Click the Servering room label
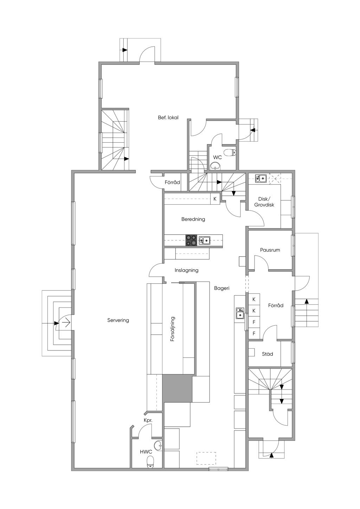(118, 320)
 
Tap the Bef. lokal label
(168, 117)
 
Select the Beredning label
(193, 219)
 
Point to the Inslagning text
(186, 270)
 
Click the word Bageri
(221, 288)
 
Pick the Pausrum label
(270, 250)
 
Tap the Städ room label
(267, 354)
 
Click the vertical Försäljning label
(173, 329)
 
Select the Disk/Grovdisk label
(264, 202)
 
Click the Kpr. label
(148, 420)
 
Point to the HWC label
(146, 452)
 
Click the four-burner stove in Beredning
(191, 240)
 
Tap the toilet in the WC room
(230, 152)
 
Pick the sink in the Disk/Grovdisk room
(261, 178)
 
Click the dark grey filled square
(178, 389)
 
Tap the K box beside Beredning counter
(215, 199)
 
